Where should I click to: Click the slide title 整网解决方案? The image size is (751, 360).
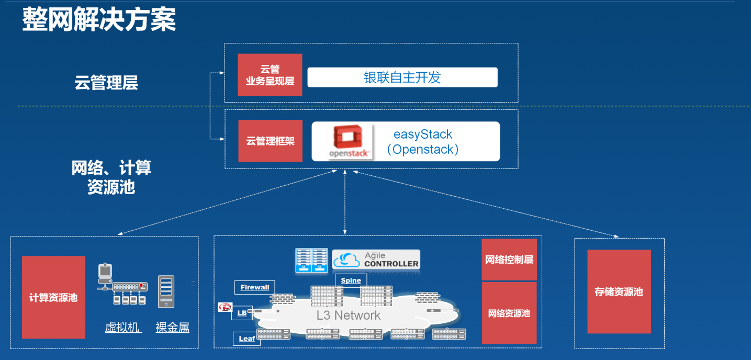(x=99, y=20)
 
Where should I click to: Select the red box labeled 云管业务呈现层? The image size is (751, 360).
(x=270, y=75)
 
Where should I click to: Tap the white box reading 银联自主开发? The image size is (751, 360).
(x=402, y=77)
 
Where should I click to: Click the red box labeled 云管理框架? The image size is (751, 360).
(x=270, y=141)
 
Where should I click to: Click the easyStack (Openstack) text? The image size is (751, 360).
(x=423, y=142)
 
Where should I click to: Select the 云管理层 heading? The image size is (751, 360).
(x=106, y=83)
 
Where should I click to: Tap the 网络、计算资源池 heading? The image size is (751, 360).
(x=111, y=177)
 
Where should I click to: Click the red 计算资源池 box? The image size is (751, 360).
(x=53, y=297)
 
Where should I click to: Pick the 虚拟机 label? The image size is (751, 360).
(x=123, y=328)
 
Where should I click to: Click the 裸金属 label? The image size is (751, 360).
(x=172, y=328)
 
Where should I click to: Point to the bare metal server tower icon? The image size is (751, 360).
(x=166, y=291)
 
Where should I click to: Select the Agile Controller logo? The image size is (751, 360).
(x=376, y=259)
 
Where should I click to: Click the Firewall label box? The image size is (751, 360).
(x=255, y=287)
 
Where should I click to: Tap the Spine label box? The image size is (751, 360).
(x=351, y=280)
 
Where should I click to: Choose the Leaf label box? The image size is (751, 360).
(x=246, y=339)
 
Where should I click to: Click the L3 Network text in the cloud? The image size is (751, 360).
(x=349, y=315)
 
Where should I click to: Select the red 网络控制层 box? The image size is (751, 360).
(x=509, y=260)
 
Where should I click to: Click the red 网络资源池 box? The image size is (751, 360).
(x=509, y=313)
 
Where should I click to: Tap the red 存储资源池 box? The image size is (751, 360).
(x=619, y=291)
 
